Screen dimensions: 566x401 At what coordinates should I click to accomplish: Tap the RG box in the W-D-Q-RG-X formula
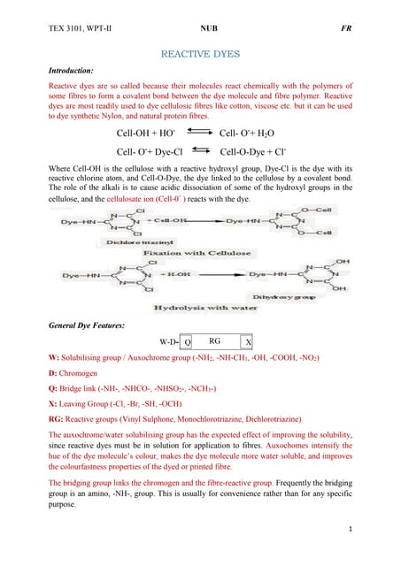click(x=215, y=340)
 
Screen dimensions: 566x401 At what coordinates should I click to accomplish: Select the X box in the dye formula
click(x=248, y=341)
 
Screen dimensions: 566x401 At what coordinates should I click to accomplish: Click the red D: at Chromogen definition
click(x=52, y=374)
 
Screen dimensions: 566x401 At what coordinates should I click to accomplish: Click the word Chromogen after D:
click(x=81, y=374)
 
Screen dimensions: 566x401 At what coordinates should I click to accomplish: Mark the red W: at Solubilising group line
click(x=53, y=358)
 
